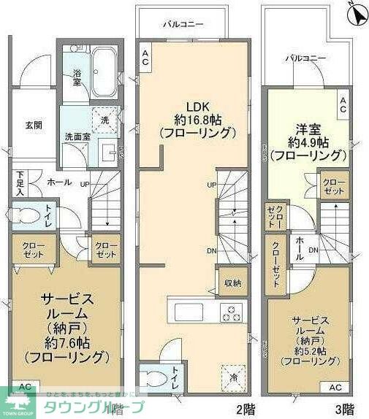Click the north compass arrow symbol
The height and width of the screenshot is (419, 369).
pos(357,13)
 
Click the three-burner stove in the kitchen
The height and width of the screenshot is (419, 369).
pos(232,312)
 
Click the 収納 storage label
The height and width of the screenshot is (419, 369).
pos(232,282)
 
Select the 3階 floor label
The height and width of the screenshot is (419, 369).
pos(343,408)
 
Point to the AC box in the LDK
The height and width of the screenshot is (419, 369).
pos(145,58)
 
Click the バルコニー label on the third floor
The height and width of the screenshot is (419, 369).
pos(305,58)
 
